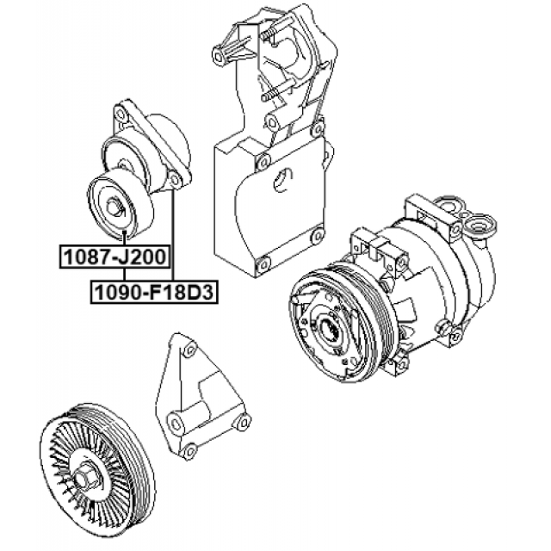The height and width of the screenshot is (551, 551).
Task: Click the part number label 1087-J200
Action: coord(115,257)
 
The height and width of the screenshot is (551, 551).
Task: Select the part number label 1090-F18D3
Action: coord(154,292)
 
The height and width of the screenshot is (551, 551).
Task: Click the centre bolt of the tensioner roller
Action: coord(115,207)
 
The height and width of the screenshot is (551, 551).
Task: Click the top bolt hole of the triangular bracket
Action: coord(189,350)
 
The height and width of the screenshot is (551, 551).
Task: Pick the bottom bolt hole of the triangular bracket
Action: coord(189,452)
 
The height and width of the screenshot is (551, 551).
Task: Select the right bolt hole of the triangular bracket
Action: coord(243,422)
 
